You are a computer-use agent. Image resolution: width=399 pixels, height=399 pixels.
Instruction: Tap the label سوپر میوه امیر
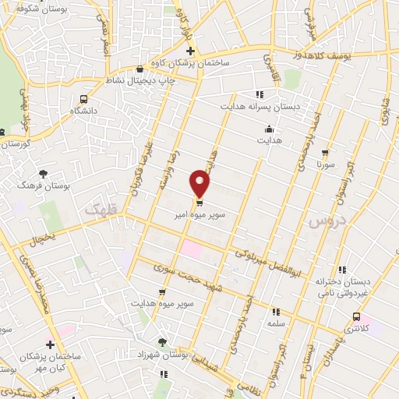pyautogui.click(x=200, y=213)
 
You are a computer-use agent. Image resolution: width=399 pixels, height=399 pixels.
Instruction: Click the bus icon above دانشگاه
pyautogui.click(x=83, y=99)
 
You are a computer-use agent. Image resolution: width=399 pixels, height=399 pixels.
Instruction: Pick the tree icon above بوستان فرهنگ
pyautogui.click(x=43, y=174)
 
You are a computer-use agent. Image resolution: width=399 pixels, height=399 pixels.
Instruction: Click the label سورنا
pyautogui.click(x=325, y=165)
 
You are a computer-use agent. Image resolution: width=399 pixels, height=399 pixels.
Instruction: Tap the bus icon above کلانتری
pyautogui.click(x=356, y=316)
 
